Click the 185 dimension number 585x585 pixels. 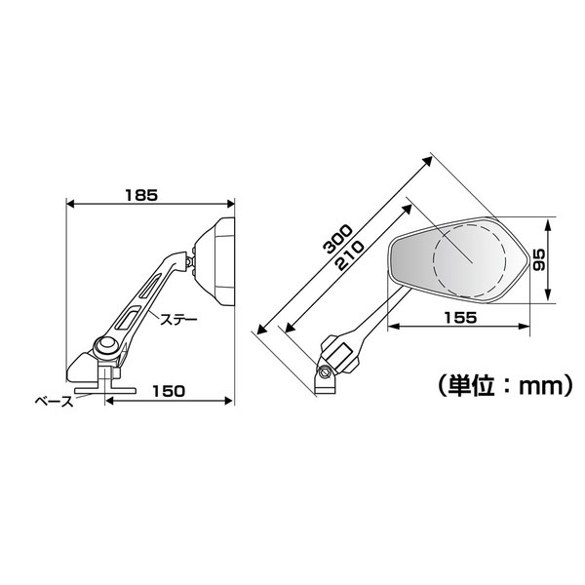click(x=141, y=195)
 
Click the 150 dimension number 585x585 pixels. click(x=169, y=391)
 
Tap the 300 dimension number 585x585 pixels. click(x=338, y=239)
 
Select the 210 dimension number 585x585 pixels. click(x=349, y=255)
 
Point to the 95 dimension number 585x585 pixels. click(x=539, y=259)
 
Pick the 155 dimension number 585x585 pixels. click(x=460, y=318)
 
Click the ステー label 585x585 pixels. click(x=178, y=319)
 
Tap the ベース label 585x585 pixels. click(x=55, y=402)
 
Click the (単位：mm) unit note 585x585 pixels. click(x=504, y=386)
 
